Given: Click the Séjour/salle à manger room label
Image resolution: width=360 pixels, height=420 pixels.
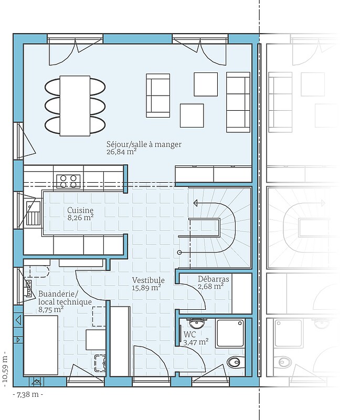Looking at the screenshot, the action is [x=144, y=145].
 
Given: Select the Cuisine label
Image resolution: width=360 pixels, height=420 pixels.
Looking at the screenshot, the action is [x=80, y=211].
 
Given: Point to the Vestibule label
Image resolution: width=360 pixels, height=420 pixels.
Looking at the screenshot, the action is [x=149, y=280].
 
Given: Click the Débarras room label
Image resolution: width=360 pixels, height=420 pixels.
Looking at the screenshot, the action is [x=214, y=279].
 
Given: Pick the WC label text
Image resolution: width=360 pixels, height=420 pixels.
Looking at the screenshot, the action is [x=190, y=334].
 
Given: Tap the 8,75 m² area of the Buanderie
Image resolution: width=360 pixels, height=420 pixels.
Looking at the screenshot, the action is [x=51, y=310].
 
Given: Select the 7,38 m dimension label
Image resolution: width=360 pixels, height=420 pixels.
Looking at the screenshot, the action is [x=28, y=395].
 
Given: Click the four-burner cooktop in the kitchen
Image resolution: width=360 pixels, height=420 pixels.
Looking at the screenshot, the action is [x=68, y=181].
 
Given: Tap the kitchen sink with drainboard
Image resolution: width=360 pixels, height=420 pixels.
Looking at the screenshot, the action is [x=33, y=214].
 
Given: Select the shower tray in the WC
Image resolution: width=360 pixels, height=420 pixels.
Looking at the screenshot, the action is [x=230, y=333].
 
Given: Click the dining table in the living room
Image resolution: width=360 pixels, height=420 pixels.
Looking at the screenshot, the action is [x=75, y=106].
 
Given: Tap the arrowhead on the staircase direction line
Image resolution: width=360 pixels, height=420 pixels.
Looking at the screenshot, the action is [x=196, y=203].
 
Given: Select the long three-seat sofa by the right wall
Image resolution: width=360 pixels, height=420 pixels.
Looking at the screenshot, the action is [x=238, y=102].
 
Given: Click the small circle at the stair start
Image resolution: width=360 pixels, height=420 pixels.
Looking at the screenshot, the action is [x=179, y=253].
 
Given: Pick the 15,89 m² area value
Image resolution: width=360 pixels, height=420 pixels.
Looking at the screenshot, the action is [x=146, y=288].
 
